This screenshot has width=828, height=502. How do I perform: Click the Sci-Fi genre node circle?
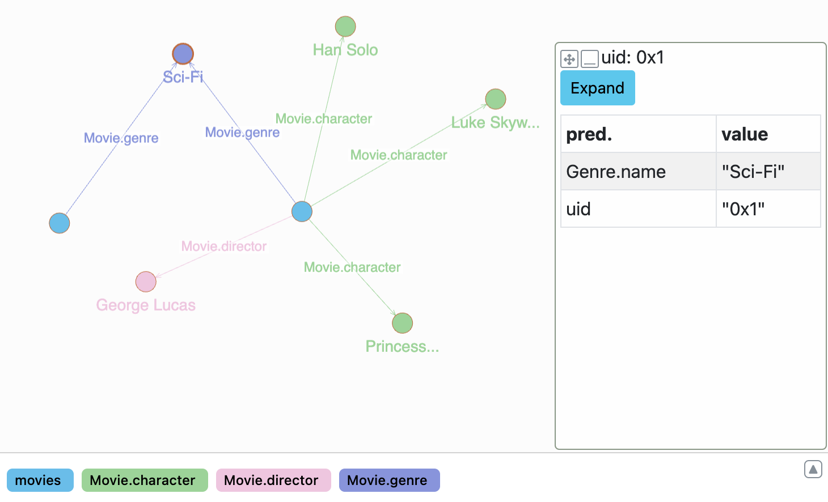click(x=183, y=54)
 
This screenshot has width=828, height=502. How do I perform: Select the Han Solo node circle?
click(x=345, y=26)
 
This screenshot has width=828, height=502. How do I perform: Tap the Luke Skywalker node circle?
click(x=496, y=99)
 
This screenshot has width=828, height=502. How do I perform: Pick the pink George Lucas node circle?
click(x=146, y=282)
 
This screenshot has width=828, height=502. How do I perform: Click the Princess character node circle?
click(x=403, y=323)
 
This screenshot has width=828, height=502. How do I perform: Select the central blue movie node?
click(x=302, y=211)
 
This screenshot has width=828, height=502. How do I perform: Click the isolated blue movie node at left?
click(x=60, y=223)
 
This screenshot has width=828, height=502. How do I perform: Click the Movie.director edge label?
click(x=224, y=246)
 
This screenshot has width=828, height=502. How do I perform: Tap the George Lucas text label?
click(x=146, y=305)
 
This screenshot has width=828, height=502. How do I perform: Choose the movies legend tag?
click(x=40, y=480)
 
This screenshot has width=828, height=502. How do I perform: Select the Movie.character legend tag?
click(x=145, y=480)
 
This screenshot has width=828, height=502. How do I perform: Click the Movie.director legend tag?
click(x=273, y=480)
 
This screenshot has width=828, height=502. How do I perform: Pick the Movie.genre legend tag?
click(x=389, y=480)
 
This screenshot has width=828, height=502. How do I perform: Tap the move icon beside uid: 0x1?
click(x=569, y=59)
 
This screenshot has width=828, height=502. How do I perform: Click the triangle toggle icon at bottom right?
click(x=813, y=469)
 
